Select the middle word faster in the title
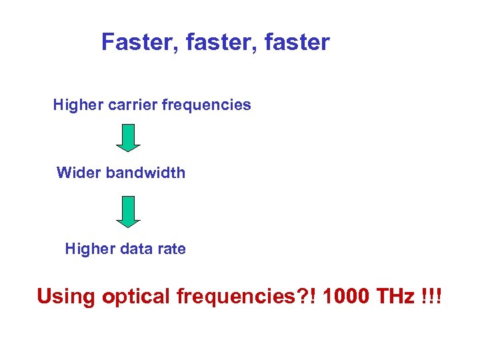(211, 43)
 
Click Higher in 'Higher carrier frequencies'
(75, 105)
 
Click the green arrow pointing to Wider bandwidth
(129, 138)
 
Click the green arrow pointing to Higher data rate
(129, 211)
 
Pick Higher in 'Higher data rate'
(87, 249)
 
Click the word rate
(170, 249)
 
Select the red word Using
(66, 296)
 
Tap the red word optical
(137, 296)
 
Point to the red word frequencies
(231, 296)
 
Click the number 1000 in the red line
(345, 295)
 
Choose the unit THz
(396, 295)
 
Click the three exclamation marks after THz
(432, 295)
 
